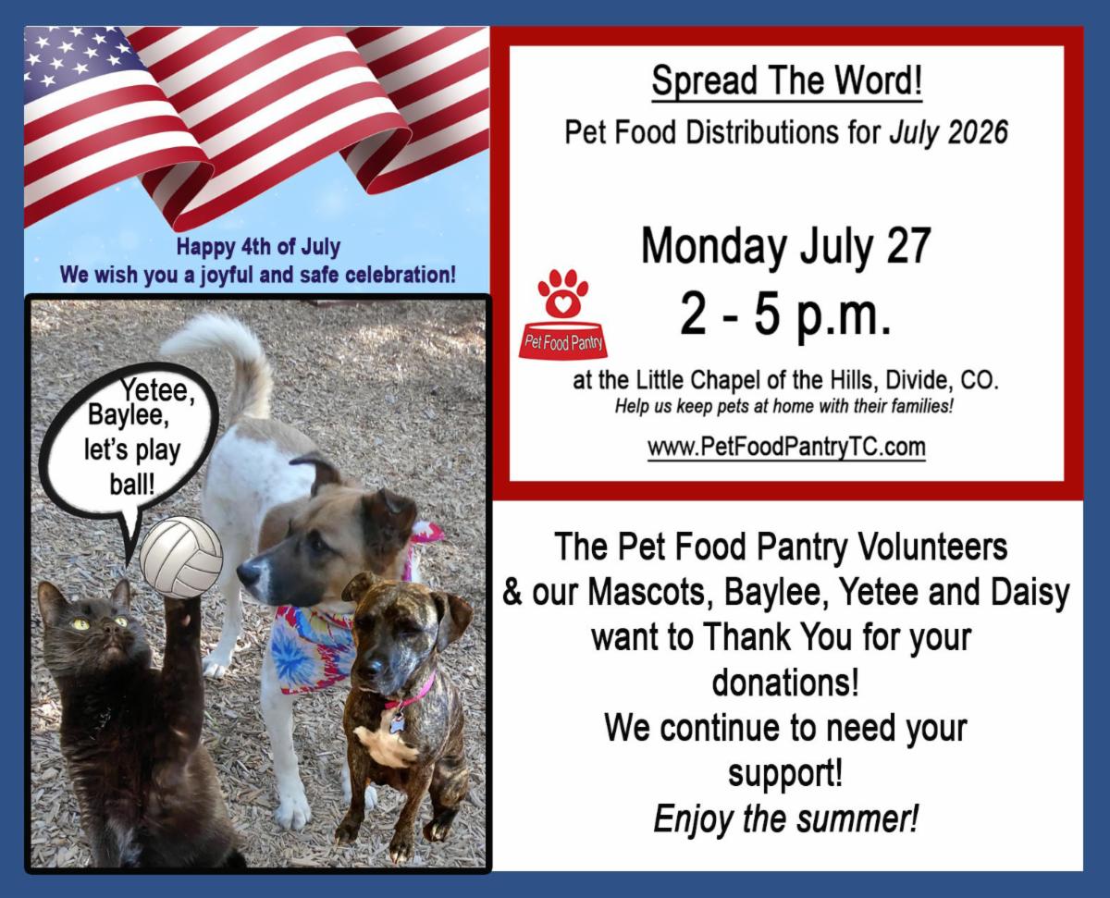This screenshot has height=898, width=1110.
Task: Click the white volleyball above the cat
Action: click(x=181, y=558)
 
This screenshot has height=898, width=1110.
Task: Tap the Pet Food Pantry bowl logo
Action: click(x=562, y=314)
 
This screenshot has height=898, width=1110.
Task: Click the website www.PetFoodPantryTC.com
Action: click(x=786, y=447)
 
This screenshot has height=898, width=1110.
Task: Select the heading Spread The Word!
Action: click(x=787, y=80)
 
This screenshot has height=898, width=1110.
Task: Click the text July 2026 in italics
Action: click(x=949, y=132)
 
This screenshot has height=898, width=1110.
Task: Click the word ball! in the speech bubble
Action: click(x=132, y=485)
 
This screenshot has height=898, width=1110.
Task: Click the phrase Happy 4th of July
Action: click(x=258, y=247)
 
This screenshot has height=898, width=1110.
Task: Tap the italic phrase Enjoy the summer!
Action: click(x=786, y=819)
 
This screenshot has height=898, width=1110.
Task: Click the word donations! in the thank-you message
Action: click(x=785, y=683)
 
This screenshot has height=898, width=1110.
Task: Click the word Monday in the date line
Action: click(x=714, y=247)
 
